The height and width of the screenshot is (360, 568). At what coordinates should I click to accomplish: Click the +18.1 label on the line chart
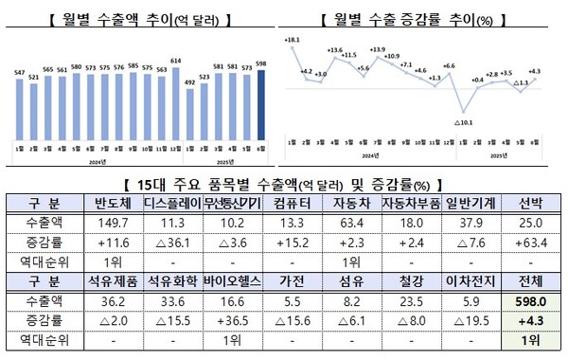click(292, 40)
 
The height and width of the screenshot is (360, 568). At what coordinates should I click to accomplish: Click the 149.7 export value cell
click(112, 222)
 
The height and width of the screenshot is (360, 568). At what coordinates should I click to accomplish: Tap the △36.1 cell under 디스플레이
click(173, 242)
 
